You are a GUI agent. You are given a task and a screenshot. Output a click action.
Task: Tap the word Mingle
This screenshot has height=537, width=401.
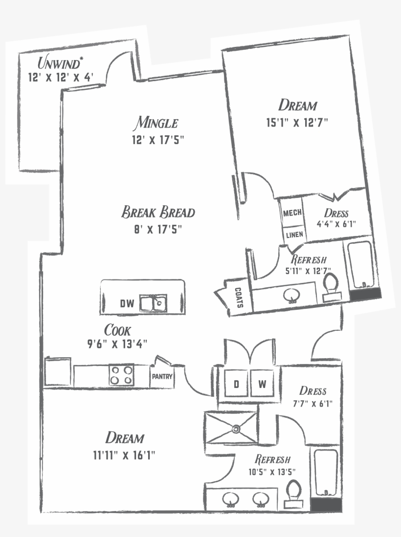[157, 122]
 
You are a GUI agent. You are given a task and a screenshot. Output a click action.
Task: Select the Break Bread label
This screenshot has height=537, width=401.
[158, 213]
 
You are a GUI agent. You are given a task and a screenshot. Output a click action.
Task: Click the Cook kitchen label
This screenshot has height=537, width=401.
[117, 330]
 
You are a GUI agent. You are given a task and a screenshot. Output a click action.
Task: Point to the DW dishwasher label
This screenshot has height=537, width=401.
[127, 304]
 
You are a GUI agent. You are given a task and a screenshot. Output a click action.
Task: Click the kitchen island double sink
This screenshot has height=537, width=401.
[153, 303]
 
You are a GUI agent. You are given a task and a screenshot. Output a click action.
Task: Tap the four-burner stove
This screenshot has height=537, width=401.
[122, 375]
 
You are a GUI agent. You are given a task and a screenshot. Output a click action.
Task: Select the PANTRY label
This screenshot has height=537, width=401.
[161, 377]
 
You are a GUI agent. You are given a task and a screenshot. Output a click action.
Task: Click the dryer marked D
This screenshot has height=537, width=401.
[236, 385]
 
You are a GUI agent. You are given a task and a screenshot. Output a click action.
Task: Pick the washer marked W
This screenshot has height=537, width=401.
[263, 385]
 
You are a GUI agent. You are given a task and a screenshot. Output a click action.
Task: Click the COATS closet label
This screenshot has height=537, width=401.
[239, 297]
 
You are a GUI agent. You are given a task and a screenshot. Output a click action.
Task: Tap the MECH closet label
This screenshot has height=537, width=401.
[292, 213]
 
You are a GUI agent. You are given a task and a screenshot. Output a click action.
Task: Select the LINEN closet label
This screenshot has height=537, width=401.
[293, 235]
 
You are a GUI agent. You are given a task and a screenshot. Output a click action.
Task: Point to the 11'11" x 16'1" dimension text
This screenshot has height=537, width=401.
[124, 455]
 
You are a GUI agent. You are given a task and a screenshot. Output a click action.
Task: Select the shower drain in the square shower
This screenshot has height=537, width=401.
[236, 430]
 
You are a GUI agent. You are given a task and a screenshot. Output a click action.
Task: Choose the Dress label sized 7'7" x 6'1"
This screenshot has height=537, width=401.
[312, 391]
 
